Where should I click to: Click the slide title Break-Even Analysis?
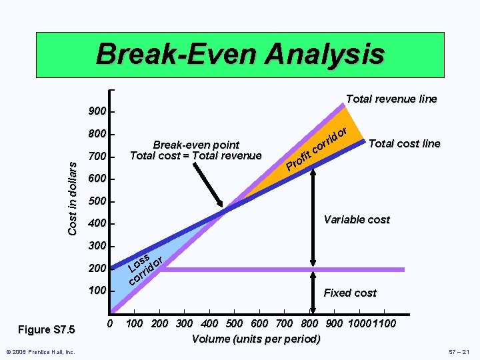pos(240,54)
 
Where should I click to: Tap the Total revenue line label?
pos(391,99)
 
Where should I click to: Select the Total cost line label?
pos(404,143)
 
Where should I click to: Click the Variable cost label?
pos(357,219)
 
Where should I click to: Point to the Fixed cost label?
pos(350,293)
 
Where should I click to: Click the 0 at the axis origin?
pos(110,324)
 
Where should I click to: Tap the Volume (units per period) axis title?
pos(256,339)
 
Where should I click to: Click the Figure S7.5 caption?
pos(47,329)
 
